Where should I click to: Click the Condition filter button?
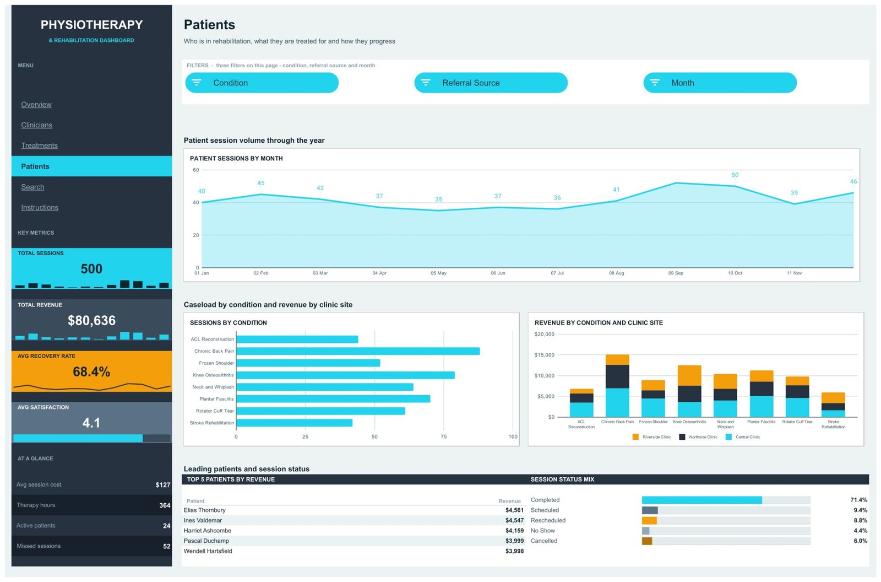pyautogui.click(x=262, y=83)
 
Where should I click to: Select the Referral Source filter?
pyautogui.click(x=491, y=83)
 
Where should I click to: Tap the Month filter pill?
pyautogui.click(x=720, y=83)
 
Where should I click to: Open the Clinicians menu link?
pyautogui.click(x=36, y=125)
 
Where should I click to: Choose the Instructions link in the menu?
pyautogui.click(x=40, y=207)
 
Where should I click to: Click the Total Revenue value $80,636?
pyautogui.click(x=91, y=320)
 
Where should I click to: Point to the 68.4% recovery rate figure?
pyautogui.click(x=91, y=371)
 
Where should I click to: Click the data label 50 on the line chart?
pyautogui.click(x=735, y=175)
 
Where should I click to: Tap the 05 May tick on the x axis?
pyautogui.click(x=438, y=273)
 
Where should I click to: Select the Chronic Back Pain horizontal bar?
pyautogui.click(x=358, y=351)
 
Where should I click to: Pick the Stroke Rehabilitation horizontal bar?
pyautogui.click(x=294, y=423)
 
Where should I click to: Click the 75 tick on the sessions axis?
pyautogui.click(x=444, y=436)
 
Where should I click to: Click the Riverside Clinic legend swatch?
pyautogui.click(x=635, y=436)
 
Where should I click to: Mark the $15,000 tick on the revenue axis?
pyautogui.click(x=545, y=355)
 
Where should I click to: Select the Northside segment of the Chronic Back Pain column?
pyautogui.click(x=617, y=376)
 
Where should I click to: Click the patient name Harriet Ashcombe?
pyautogui.click(x=207, y=530)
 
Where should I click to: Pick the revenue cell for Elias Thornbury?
pyautogui.click(x=514, y=510)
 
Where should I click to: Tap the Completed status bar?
pyautogui.click(x=702, y=500)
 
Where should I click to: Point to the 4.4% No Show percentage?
pyautogui.click(x=861, y=530)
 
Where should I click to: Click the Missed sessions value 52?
pyautogui.click(x=167, y=546)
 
